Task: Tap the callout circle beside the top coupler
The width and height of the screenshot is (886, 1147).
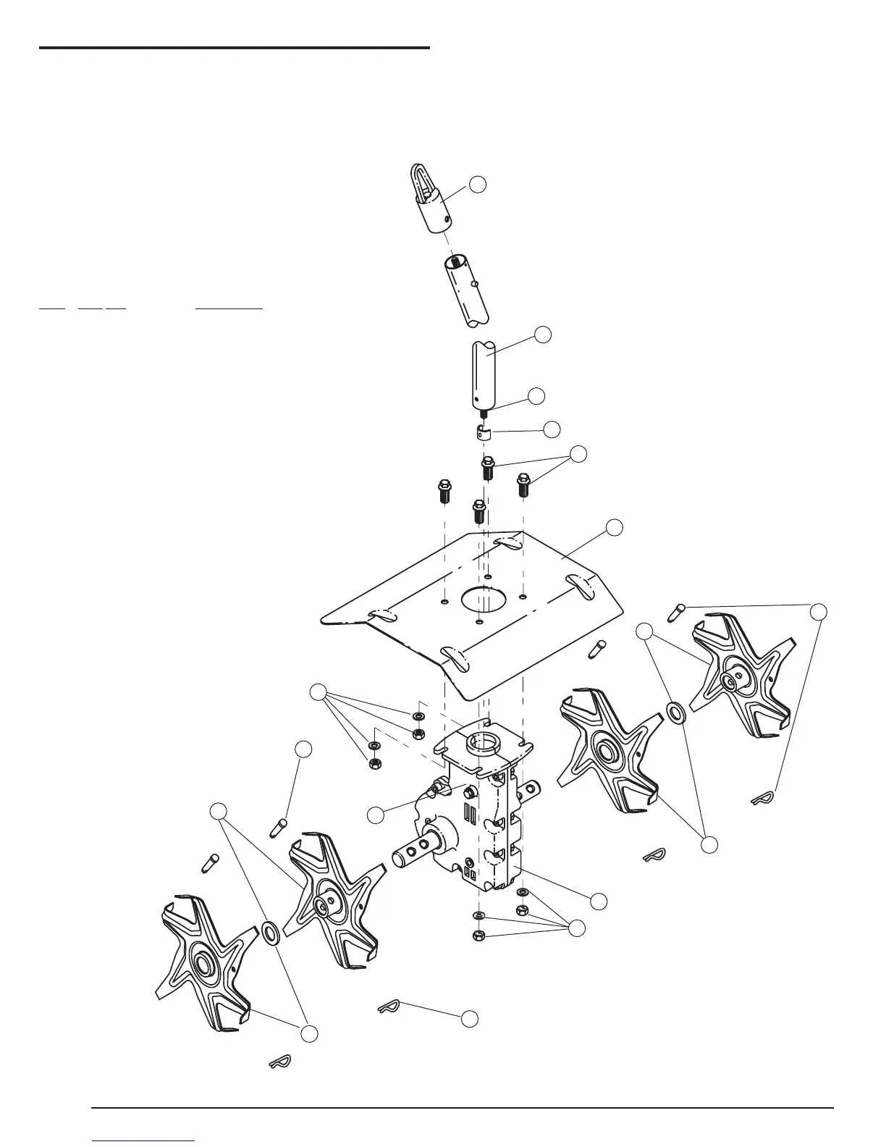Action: click(x=477, y=184)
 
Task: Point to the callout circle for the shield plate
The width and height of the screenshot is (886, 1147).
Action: click(x=615, y=527)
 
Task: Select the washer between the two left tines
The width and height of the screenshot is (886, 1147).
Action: click(x=269, y=933)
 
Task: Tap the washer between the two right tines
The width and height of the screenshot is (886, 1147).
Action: click(x=675, y=712)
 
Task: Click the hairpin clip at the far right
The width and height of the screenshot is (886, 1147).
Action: click(x=761, y=799)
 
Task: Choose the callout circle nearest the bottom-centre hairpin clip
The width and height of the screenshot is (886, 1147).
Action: click(x=470, y=1017)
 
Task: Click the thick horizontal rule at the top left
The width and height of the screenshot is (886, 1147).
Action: click(x=235, y=49)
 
